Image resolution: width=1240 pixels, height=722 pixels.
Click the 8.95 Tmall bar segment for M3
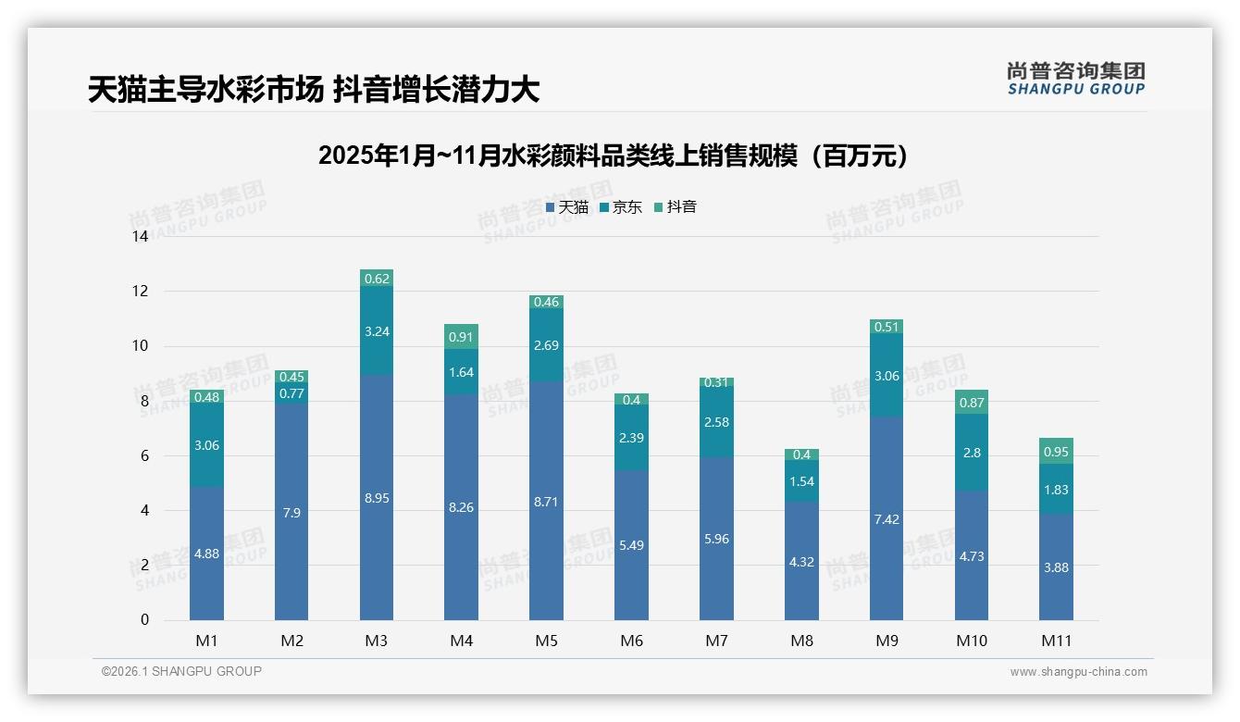tap(377, 497)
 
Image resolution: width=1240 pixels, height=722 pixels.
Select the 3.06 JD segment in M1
tap(206, 445)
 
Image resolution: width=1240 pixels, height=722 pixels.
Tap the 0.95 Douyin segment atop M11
tap(1056, 452)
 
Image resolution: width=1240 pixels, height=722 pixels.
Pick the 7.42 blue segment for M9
tap(887, 519)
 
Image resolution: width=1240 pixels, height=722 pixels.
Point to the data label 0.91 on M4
tap(461, 337)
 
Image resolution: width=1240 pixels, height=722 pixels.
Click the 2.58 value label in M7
tap(716, 422)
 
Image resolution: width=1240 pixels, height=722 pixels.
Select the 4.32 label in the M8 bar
tap(801, 562)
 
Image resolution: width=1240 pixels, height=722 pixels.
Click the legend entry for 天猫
tap(567, 207)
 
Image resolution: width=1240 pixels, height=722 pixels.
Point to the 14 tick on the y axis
tap(140, 237)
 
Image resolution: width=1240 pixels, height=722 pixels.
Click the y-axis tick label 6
tap(143, 455)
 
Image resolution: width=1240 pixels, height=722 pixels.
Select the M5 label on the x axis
tap(546, 641)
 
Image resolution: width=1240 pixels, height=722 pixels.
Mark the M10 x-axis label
tap(971, 641)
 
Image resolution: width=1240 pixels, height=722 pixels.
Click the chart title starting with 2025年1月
tap(614, 156)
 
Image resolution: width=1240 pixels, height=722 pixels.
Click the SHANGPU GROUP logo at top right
tap(1075, 79)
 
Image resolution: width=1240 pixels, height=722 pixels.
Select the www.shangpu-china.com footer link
tap(1078, 672)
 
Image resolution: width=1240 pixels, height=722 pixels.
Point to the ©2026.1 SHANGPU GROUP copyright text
tap(181, 671)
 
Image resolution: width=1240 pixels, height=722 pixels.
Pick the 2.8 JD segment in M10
tap(971, 452)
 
